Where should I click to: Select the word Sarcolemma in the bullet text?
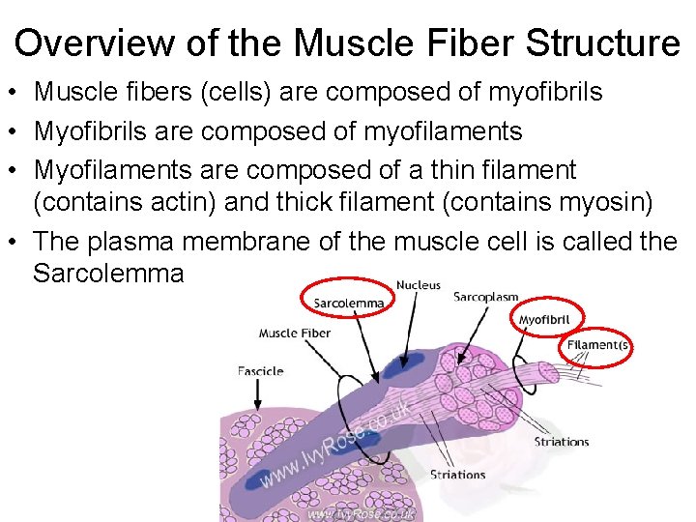click(x=108, y=274)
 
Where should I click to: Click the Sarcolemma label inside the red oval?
click(x=348, y=303)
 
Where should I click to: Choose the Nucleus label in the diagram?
click(x=418, y=285)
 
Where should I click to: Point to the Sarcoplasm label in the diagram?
click(x=485, y=297)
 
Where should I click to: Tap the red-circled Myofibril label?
click(x=544, y=320)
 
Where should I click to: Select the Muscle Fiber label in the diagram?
click(x=294, y=333)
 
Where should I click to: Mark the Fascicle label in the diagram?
click(x=260, y=370)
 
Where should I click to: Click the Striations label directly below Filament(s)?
click(x=562, y=442)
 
